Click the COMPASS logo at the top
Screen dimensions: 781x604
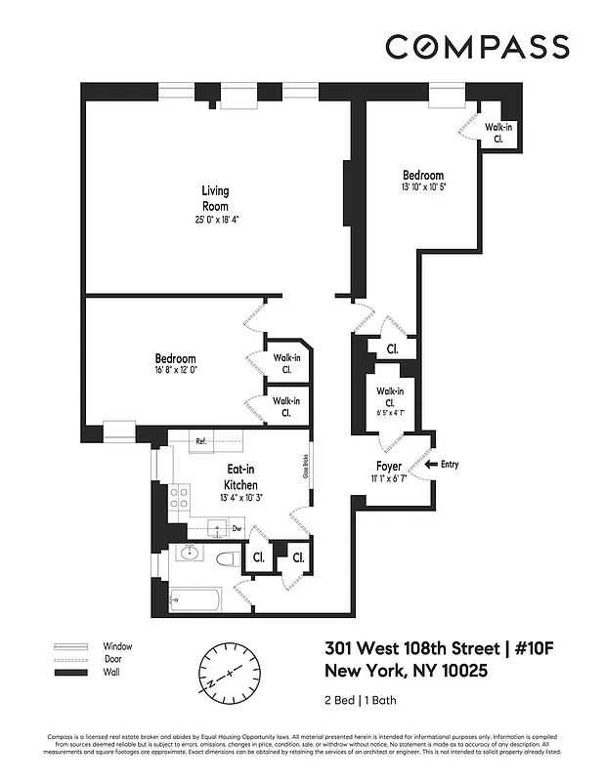tap(477, 46)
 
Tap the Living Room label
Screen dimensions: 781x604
tap(215, 198)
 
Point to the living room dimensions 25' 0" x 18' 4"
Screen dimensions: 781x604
tap(216, 220)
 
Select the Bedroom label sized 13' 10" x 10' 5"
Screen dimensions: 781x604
tap(422, 176)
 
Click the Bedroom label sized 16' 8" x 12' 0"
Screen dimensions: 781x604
tap(175, 358)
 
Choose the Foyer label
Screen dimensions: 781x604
tap(389, 466)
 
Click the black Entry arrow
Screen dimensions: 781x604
tap(430, 465)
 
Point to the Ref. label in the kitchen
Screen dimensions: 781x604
tap(200, 441)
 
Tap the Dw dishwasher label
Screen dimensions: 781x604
tap(237, 528)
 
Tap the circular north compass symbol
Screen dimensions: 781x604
tap(231, 673)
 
